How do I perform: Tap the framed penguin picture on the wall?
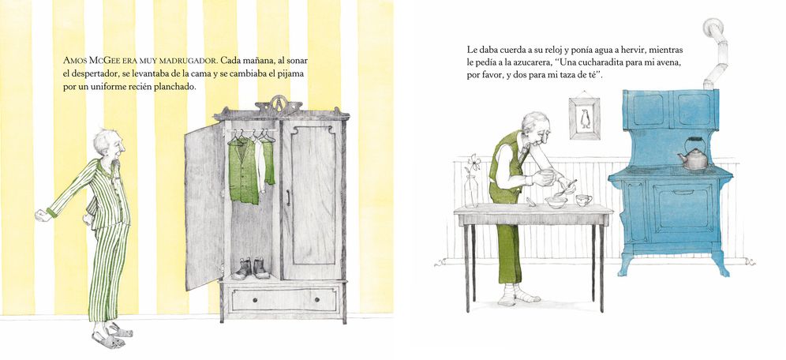click(585, 118)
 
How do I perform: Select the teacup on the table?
click(583, 200)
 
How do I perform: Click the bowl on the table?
click(556, 202)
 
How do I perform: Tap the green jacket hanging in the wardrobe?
click(244, 171)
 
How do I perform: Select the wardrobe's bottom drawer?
click(284, 299)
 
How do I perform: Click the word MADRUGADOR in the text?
click(189, 61)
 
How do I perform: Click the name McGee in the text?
click(104, 61)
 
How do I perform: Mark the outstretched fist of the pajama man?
click(42, 216)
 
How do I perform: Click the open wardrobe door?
click(204, 206)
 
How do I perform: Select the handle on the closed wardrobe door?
click(288, 197)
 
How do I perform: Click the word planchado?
click(175, 86)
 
